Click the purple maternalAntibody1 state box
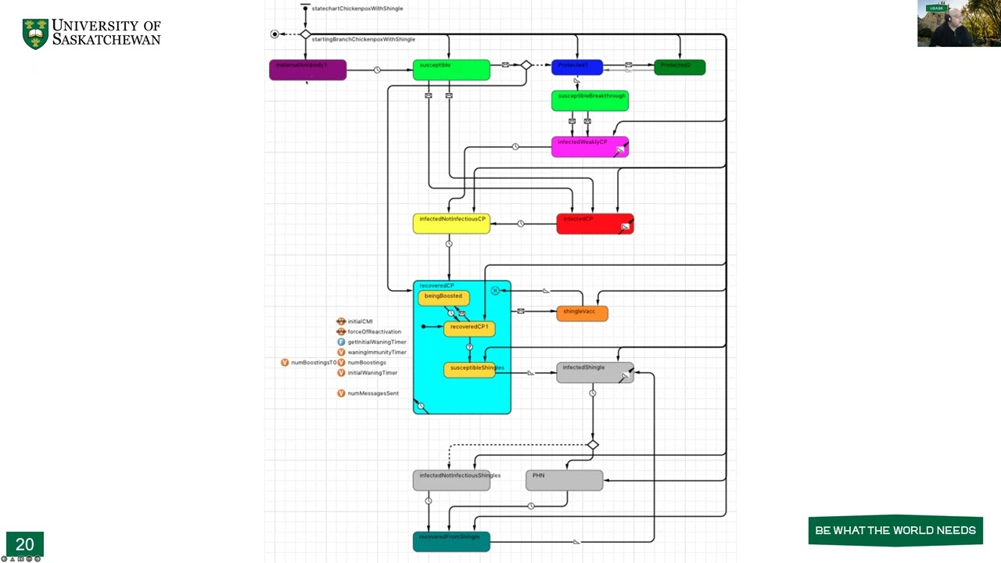(307, 70)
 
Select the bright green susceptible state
(451, 70)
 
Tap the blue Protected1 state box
(576, 68)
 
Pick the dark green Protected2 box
(680, 68)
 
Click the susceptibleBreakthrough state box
(590, 101)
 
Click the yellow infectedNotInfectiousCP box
(451, 224)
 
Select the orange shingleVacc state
(582, 313)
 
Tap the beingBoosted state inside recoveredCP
(443, 297)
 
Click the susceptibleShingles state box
(470, 370)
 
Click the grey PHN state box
(564, 480)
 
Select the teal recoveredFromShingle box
(451, 541)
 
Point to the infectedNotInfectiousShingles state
(451, 480)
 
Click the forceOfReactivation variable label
(374, 332)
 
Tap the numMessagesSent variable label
(372, 393)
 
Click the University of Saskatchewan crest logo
(35, 34)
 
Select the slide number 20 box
(24, 544)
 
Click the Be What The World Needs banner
(895, 530)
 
